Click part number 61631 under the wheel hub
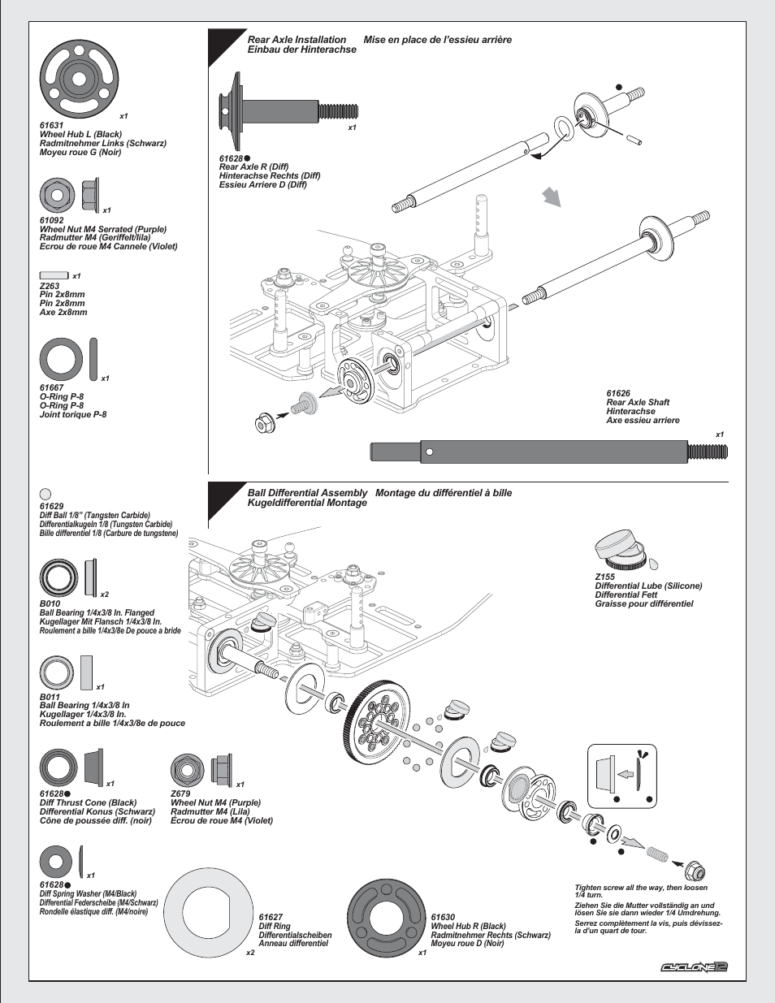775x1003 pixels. click(51, 126)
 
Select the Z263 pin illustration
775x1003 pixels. click(54, 275)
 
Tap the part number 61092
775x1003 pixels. click(51, 220)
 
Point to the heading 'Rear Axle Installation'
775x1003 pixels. click(297, 40)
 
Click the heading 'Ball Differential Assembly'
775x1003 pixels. click(307, 493)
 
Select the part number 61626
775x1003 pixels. click(618, 393)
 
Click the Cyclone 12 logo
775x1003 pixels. click(693, 966)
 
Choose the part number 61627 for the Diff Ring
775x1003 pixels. click(271, 917)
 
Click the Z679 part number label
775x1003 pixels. click(180, 793)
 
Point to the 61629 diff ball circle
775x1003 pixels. click(45, 493)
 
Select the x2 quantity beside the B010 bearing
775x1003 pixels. click(105, 594)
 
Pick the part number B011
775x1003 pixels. click(50, 697)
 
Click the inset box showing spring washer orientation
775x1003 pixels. click(621, 776)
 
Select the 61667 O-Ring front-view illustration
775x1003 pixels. click(61, 358)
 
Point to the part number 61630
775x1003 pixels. click(443, 917)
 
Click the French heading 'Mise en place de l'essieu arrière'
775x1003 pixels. click(437, 40)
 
